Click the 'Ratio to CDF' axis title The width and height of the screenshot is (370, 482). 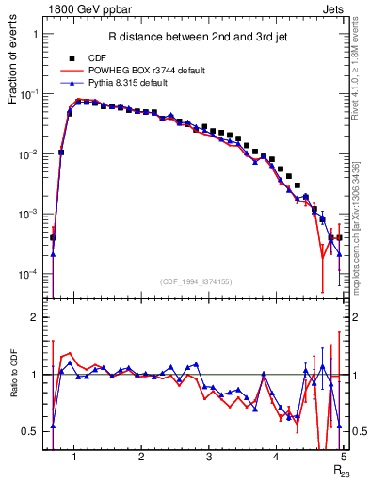[x=14, y=375]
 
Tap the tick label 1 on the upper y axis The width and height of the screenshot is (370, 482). [x=35, y=34]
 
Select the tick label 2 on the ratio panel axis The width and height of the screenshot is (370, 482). [x=35, y=317]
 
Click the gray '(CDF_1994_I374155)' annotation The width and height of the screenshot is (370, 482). [x=194, y=281]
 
